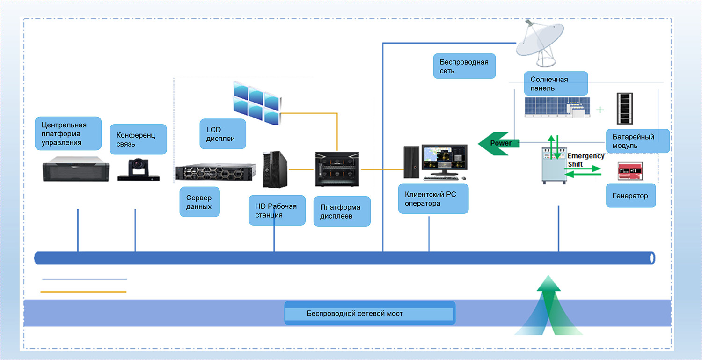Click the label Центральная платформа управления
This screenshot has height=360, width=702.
point(68,133)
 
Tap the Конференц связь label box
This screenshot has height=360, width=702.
point(139,140)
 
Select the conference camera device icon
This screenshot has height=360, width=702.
point(139,170)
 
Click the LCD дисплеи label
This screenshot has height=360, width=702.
point(223,134)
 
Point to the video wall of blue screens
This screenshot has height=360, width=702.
point(257,102)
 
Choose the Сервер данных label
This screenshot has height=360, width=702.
point(199,202)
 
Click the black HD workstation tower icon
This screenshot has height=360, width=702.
point(275,169)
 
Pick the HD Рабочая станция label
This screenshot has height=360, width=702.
point(277,210)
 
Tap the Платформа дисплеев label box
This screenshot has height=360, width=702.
point(342,212)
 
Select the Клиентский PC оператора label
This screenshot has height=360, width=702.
point(433,199)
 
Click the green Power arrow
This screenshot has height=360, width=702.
point(499,143)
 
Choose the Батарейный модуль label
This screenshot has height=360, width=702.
point(638,141)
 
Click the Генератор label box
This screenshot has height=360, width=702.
point(631,196)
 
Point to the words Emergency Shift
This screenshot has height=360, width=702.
point(585,160)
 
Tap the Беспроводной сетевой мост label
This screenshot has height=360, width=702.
point(369,313)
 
